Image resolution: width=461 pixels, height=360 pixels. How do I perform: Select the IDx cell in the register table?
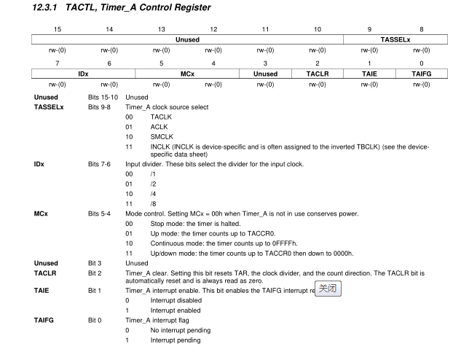(84, 74)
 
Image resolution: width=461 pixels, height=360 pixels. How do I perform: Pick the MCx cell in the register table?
(187, 74)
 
